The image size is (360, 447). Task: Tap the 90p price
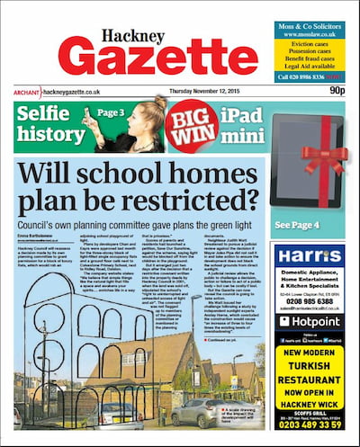(x=337, y=90)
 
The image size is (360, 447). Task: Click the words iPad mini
(x=242, y=126)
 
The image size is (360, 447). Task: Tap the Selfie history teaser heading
(x=46, y=126)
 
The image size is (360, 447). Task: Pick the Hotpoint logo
(x=310, y=320)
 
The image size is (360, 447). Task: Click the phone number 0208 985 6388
(x=309, y=300)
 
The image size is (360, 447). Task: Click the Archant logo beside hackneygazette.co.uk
(x=26, y=91)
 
